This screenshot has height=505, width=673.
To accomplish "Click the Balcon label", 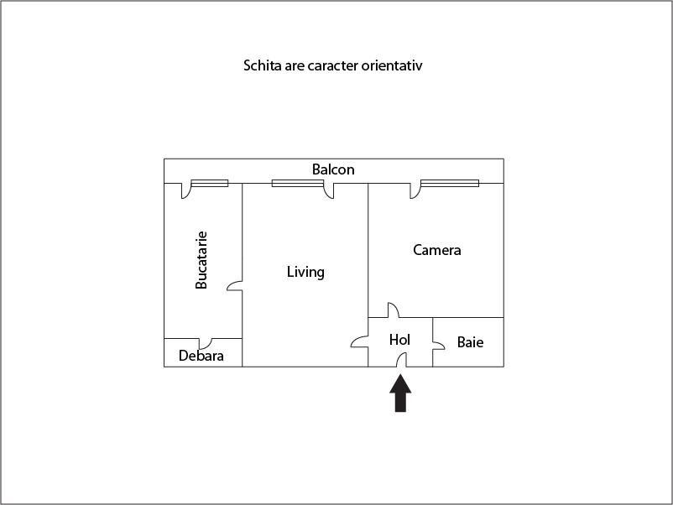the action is coord(333,169).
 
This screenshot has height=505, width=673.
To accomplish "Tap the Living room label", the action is coord(305,272).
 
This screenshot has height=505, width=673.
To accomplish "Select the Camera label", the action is coord(437,250).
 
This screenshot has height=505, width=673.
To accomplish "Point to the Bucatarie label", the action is coord(201,260).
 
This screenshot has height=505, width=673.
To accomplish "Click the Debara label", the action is coord(201,356).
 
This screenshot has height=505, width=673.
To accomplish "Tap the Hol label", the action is coord(399,340).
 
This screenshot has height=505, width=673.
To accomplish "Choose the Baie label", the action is coord(470,342).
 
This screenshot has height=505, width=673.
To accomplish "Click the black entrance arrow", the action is coord(400,393).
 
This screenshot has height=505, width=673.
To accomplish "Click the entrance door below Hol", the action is coord(401,361).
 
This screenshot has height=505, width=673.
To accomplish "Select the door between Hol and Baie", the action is coord(438,345).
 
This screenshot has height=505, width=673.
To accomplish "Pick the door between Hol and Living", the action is coord(360,341).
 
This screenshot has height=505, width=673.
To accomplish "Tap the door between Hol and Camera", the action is coord(394,310).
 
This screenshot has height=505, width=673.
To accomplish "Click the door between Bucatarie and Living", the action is coord(234,286).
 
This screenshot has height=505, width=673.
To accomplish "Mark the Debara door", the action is coord(205,343).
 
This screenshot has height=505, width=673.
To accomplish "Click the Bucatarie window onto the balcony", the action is coord(210,183).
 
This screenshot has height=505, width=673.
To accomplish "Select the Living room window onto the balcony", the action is coord(297,183).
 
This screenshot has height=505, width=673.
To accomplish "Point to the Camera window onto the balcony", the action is coord(450,183).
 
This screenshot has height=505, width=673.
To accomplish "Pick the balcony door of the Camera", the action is coord(415,190).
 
